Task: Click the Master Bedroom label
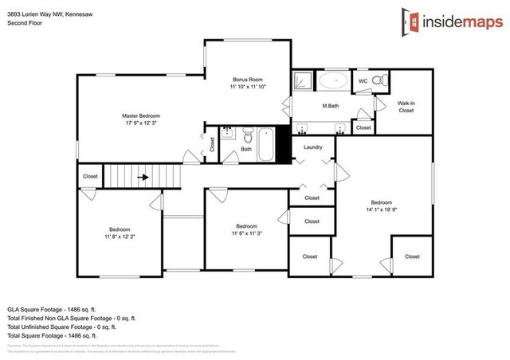(141, 115)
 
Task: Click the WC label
(362, 81)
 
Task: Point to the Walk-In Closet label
(406, 107)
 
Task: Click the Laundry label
(312, 147)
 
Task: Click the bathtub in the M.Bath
(333, 81)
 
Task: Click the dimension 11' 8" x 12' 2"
(120, 237)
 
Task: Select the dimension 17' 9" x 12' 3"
(141, 123)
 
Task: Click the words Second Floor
(24, 23)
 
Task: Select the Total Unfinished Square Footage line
(62, 326)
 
